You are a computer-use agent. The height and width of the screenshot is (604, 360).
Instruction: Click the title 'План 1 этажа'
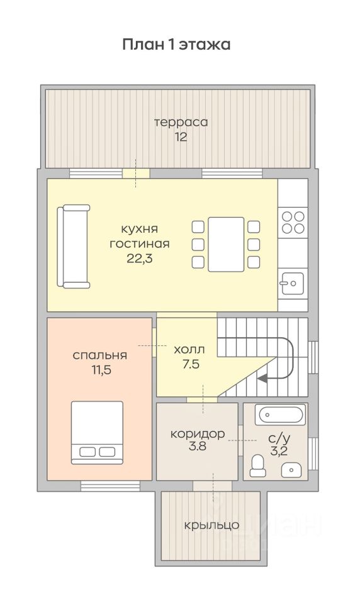[x=176, y=44]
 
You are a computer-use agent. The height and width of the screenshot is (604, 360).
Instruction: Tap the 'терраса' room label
[x=181, y=123]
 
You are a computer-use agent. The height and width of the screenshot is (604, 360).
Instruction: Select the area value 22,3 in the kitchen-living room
[x=140, y=259]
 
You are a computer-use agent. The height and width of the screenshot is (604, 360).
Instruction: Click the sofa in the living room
[x=73, y=247]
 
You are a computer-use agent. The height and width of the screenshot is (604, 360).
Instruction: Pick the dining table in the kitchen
[x=226, y=244]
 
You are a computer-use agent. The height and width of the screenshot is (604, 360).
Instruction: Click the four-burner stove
[x=293, y=222]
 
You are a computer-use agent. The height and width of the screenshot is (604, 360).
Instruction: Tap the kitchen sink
[x=292, y=284]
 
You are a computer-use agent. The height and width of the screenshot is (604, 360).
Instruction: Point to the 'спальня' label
[x=99, y=355]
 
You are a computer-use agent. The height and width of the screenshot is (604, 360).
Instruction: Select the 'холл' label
[x=189, y=350]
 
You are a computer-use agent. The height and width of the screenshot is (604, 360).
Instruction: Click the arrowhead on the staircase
[x=262, y=379]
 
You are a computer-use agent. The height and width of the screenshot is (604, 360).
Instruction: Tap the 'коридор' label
[x=198, y=434]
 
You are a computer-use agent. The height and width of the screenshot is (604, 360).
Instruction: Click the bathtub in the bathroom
[x=282, y=415]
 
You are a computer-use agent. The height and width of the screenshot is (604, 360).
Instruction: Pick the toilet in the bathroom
[x=257, y=466]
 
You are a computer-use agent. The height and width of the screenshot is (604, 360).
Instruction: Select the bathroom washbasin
[x=291, y=470]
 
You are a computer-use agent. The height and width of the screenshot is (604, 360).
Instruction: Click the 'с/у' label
[x=279, y=438]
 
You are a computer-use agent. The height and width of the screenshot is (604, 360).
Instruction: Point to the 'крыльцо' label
[x=211, y=525]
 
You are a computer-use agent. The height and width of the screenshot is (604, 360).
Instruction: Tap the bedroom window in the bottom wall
[x=110, y=486]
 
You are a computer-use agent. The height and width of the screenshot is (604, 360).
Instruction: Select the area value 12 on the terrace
[x=181, y=137]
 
